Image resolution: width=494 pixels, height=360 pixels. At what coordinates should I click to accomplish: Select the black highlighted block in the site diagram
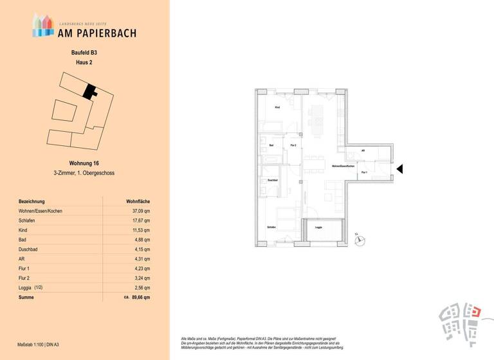89,92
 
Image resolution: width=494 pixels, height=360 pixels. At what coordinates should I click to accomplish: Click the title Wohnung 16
84,163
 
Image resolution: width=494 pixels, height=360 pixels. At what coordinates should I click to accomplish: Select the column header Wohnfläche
138,201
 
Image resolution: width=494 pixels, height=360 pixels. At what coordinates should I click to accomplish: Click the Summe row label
26,298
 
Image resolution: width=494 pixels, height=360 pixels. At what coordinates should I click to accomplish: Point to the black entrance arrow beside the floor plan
399,169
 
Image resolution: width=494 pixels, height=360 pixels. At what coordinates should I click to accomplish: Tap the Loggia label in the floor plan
318,228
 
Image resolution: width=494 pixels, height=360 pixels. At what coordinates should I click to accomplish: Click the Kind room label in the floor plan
277,107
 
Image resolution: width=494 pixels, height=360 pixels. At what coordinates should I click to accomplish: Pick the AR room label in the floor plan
363,151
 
